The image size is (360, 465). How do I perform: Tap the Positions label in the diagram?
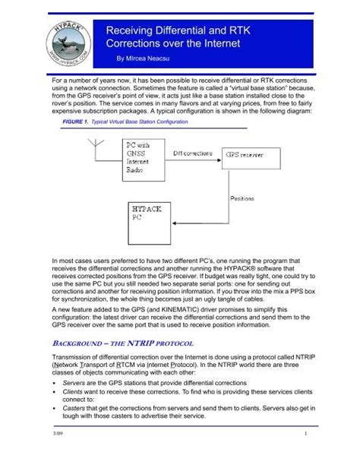247,195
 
